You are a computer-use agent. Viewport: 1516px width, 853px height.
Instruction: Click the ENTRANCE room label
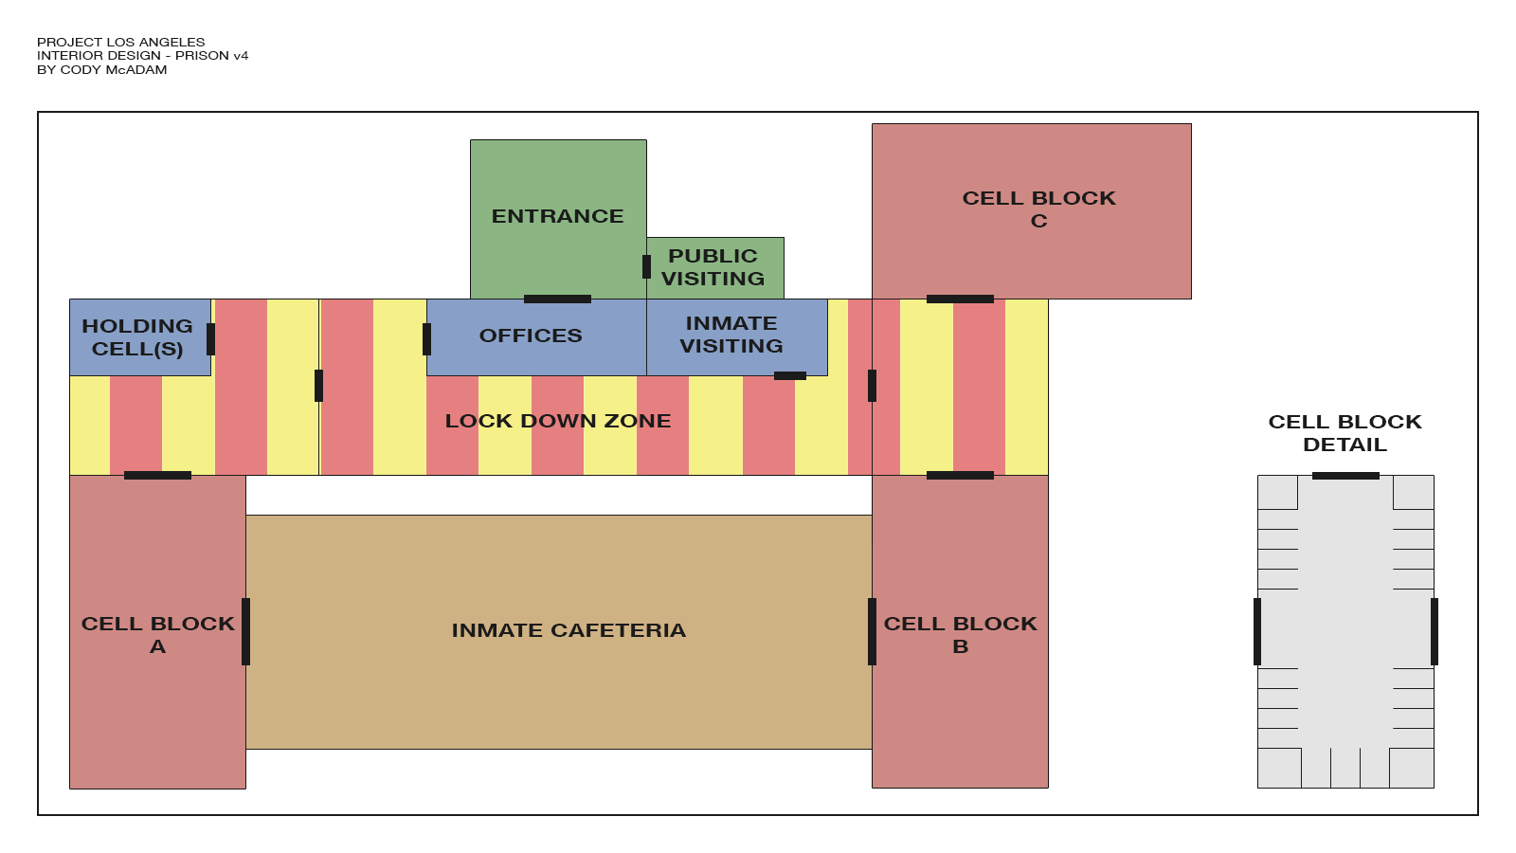tap(557, 216)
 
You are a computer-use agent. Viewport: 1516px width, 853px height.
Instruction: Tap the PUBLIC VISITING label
tap(713, 267)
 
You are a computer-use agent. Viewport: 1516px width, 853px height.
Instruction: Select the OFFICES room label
tap(531, 336)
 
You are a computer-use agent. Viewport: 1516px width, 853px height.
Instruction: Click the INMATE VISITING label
tap(731, 335)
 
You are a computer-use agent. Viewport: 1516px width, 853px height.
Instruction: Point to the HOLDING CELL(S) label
tap(137, 337)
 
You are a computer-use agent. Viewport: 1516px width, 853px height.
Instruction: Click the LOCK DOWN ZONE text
tap(558, 421)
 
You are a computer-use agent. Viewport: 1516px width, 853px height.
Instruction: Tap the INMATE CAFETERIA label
tap(568, 630)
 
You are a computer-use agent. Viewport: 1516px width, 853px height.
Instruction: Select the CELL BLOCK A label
tap(157, 635)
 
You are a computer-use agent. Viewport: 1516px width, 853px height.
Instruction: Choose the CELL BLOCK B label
tap(960, 635)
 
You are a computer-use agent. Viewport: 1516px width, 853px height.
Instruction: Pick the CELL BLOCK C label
tap(1038, 209)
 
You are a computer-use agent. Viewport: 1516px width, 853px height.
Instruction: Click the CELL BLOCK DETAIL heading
tap(1345, 433)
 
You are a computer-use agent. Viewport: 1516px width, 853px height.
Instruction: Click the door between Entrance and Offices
tap(557, 299)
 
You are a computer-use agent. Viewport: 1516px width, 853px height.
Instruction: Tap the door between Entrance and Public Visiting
tap(646, 266)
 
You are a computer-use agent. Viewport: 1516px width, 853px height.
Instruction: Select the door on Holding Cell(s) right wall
tap(210, 339)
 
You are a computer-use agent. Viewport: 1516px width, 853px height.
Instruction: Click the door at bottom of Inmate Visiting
tap(790, 376)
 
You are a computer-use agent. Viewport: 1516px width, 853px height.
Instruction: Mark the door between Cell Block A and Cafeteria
tap(245, 631)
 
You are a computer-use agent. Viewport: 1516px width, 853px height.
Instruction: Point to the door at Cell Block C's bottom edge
tap(960, 299)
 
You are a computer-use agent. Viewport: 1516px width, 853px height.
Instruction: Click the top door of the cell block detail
tap(1345, 476)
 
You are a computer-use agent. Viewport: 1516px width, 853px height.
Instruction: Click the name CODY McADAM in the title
tap(114, 70)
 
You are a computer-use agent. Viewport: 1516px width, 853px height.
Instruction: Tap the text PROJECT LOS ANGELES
tap(120, 43)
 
